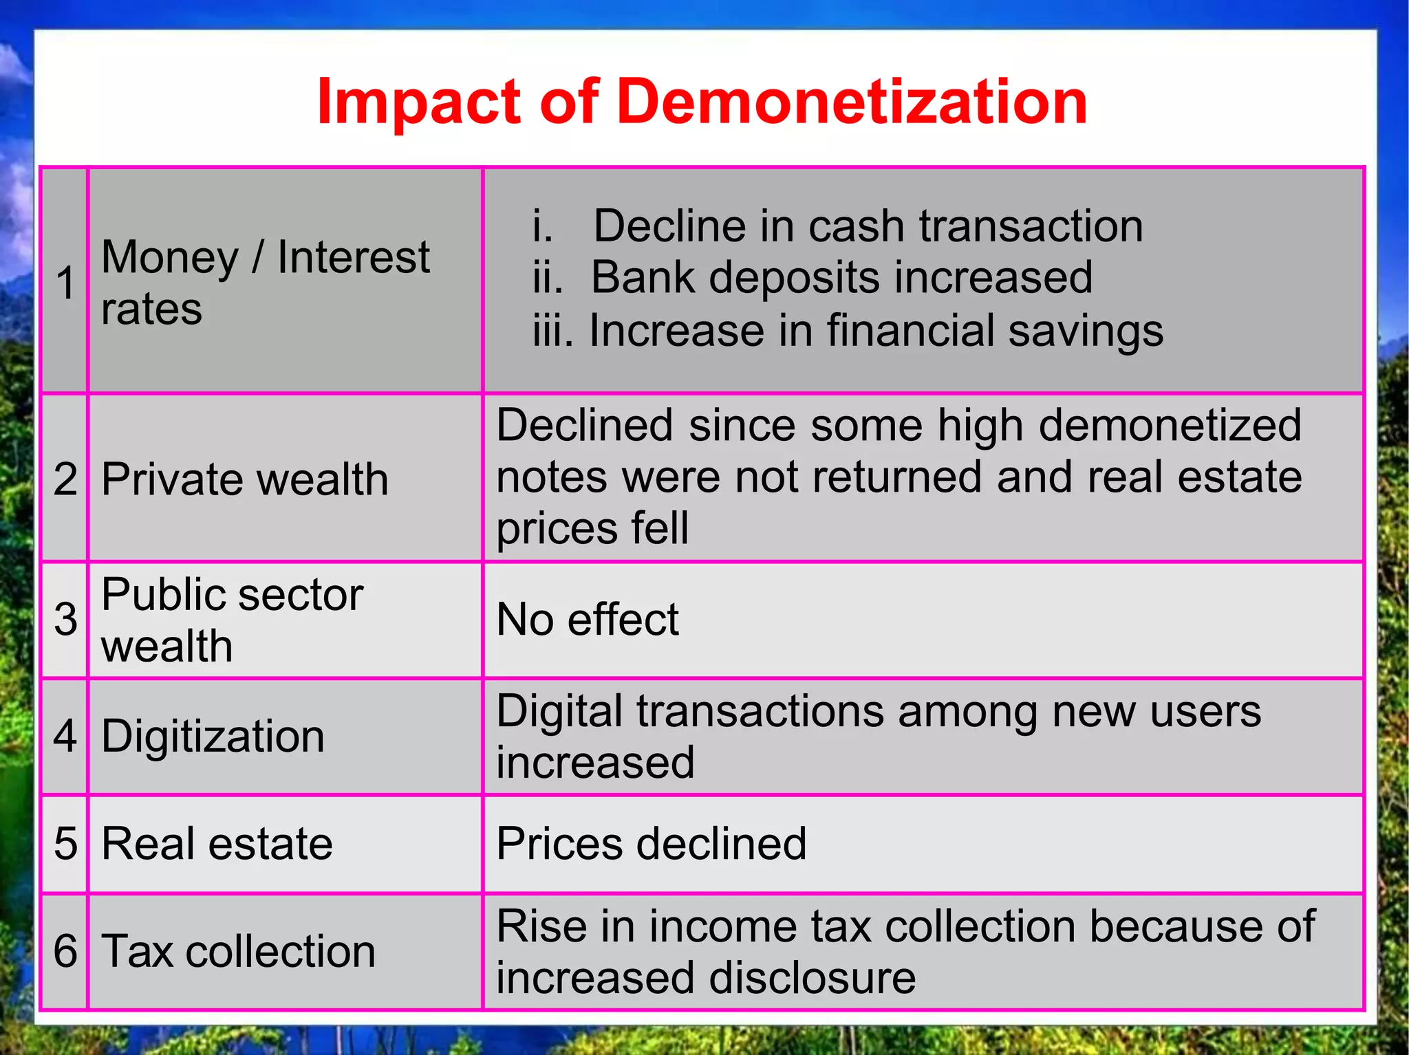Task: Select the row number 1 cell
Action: [x=65, y=283]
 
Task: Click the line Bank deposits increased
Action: [x=841, y=278]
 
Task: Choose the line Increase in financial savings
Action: [x=875, y=331]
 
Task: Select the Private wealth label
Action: [x=245, y=479]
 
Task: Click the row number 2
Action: [x=65, y=479]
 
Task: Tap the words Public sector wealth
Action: [x=232, y=620]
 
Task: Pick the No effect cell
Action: [x=588, y=620]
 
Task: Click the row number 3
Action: [x=65, y=620]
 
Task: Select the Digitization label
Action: [x=213, y=737]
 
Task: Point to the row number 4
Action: [x=65, y=737]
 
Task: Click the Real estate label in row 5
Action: [x=217, y=844]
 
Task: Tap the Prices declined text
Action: [x=651, y=844]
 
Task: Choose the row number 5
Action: [x=65, y=844]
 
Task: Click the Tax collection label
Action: [x=238, y=951]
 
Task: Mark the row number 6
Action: [x=65, y=951]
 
